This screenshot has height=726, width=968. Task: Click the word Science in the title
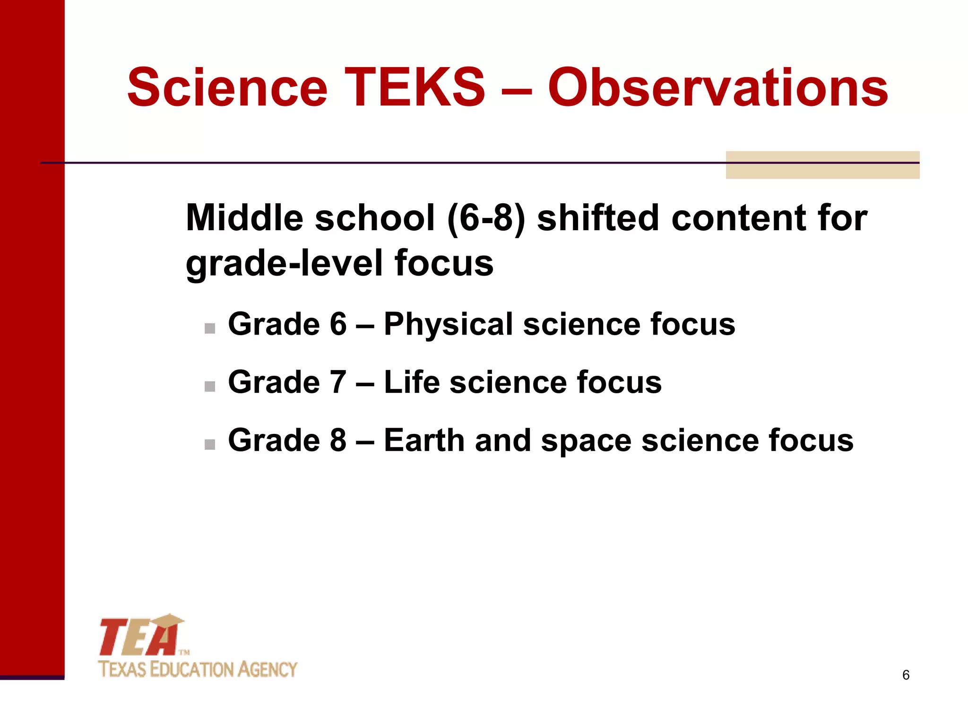click(x=227, y=87)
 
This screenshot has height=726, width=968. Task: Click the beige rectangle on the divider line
click(x=822, y=165)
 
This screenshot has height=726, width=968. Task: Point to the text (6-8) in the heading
click(x=485, y=218)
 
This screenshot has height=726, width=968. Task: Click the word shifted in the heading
click(x=598, y=218)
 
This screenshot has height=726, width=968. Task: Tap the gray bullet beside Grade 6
click(x=210, y=328)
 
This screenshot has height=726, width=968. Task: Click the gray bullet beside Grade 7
click(x=210, y=386)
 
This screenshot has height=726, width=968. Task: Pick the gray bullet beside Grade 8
click(x=210, y=444)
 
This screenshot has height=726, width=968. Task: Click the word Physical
click(x=448, y=325)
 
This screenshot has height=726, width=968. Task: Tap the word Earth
click(x=424, y=441)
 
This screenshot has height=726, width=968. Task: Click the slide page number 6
click(x=906, y=675)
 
